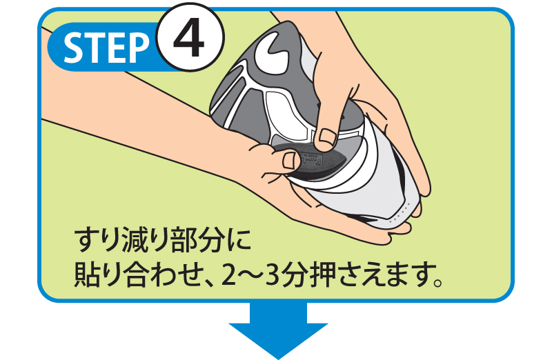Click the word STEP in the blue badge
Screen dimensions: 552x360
(x=106, y=48)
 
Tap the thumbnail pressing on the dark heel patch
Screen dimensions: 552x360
(x=291, y=161)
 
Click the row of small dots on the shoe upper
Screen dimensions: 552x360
(x=399, y=214)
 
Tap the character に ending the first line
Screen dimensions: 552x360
(x=239, y=241)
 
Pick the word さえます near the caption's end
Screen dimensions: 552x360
(x=384, y=276)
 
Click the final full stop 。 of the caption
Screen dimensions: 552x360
(x=437, y=282)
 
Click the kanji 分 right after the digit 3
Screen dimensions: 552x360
(x=295, y=276)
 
